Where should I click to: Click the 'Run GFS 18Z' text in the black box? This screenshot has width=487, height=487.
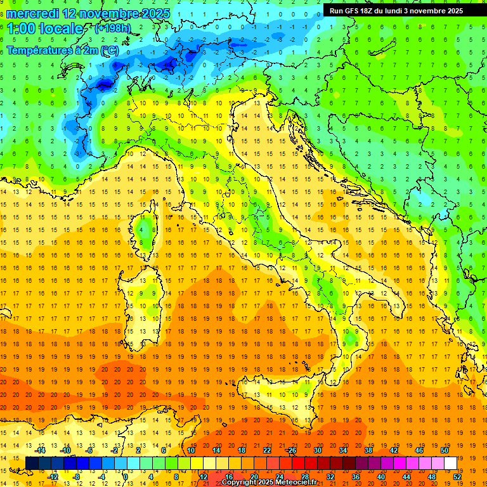353,11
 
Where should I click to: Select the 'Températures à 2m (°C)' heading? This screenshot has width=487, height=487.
62,49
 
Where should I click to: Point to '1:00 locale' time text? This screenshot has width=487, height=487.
45,29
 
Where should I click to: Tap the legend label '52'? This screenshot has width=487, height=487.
457,477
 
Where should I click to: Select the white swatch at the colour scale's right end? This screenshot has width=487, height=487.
450,464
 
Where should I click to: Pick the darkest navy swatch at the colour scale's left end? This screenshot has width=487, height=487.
32,464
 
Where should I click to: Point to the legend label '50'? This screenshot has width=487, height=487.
445,450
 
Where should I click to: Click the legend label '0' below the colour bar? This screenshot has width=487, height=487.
126,477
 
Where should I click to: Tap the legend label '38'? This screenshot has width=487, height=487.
368,450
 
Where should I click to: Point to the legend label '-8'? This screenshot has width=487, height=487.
77,477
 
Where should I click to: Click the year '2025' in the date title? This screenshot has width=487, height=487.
143,13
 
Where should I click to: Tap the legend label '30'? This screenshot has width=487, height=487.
318,450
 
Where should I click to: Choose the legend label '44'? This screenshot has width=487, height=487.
406,477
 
